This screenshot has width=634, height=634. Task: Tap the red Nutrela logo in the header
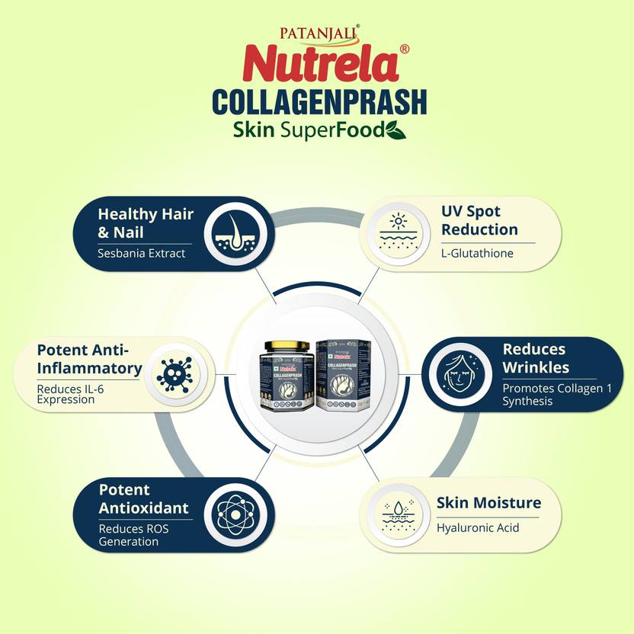(x=321, y=65)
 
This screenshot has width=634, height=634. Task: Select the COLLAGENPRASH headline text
(x=319, y=102)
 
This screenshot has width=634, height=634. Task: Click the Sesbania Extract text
(x=141, y=253)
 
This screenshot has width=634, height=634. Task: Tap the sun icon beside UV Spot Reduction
(x=398, y=228)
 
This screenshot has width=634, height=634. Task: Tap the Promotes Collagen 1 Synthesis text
(x=543, y=394)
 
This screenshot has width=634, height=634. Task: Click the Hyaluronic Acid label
(x=478, y=527)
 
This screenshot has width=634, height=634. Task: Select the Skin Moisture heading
(x=488, y=503)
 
